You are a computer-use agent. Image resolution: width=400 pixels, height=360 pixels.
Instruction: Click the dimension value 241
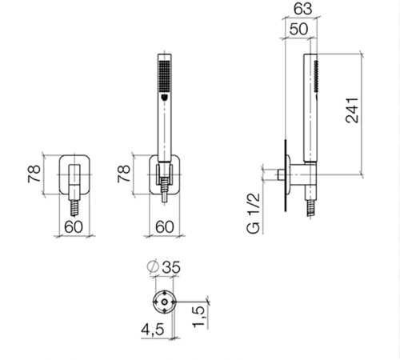pos(352,110)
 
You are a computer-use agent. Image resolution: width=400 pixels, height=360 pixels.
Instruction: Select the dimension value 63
pos(302,9)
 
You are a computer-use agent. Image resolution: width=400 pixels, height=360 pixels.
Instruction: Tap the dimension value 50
pos(298,29)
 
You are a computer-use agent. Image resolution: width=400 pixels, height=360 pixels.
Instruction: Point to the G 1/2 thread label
pos(253,213)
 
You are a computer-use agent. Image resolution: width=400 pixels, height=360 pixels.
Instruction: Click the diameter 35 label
pos(164,267)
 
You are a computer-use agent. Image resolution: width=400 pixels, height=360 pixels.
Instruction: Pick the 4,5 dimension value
pos(153,330)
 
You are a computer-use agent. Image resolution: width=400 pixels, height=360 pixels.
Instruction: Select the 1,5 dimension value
pos(198,316)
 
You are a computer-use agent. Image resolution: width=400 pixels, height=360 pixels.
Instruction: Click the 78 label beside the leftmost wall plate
pos(34,174)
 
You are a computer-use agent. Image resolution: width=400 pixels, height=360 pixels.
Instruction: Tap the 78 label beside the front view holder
pos(124,174)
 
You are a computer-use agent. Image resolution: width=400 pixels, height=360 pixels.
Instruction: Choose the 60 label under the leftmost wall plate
pos(74,226)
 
